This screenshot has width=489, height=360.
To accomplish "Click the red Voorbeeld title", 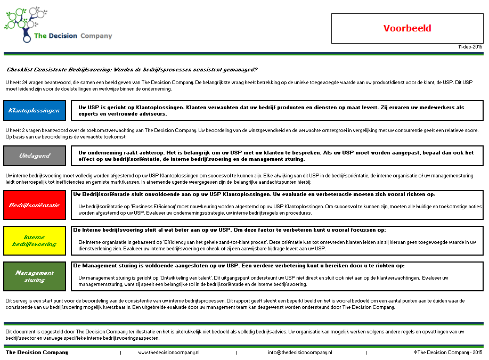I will coord(407,28).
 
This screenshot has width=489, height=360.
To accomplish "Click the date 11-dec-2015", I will coord(470,47).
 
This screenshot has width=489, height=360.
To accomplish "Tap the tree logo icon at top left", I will coord(24,24).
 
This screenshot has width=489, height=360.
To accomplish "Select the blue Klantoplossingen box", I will coord(35,110).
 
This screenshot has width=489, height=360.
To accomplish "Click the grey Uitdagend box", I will coord(35,156).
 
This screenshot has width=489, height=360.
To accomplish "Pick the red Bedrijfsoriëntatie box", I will coord(35,204).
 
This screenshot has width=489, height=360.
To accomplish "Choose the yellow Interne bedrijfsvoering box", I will coord(35,240).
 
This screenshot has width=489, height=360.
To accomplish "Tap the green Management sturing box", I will coord(35,276).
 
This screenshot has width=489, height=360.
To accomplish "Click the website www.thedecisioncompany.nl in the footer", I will coord(168,353).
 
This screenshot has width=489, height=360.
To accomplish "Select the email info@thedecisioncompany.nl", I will coord(300,353).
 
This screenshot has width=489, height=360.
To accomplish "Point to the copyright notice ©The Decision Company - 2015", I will coord(447,353).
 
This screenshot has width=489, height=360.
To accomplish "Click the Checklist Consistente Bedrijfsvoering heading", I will coord(132,70).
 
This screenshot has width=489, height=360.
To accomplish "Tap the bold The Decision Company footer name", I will coord(37,353).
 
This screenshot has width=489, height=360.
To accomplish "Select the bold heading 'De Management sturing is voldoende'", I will coord(238,265).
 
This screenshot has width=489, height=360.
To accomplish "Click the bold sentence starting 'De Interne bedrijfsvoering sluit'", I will coord(229,230).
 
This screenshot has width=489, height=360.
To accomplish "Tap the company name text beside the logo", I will coord(73,36).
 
